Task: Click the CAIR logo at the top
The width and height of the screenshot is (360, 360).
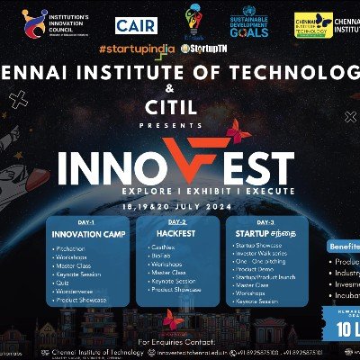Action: click(134, 23)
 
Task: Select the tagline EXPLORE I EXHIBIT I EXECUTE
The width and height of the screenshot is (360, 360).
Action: click(180, 191)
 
